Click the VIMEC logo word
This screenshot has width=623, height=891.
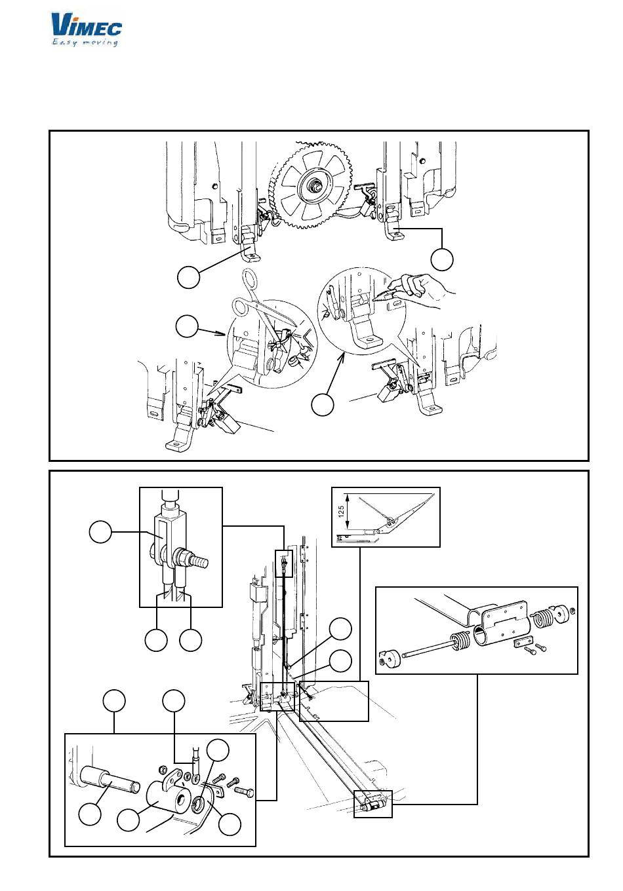click(x=86, y=26)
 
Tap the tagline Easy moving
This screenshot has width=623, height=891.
click(x=85, y=43)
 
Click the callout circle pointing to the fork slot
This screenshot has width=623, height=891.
click(x=100, y=531)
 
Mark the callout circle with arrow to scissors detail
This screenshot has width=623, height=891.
click(x=187, y=326)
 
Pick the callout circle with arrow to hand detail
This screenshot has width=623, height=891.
click(x=322, y=404)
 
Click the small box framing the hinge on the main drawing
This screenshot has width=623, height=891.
click(x=372, y=804)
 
